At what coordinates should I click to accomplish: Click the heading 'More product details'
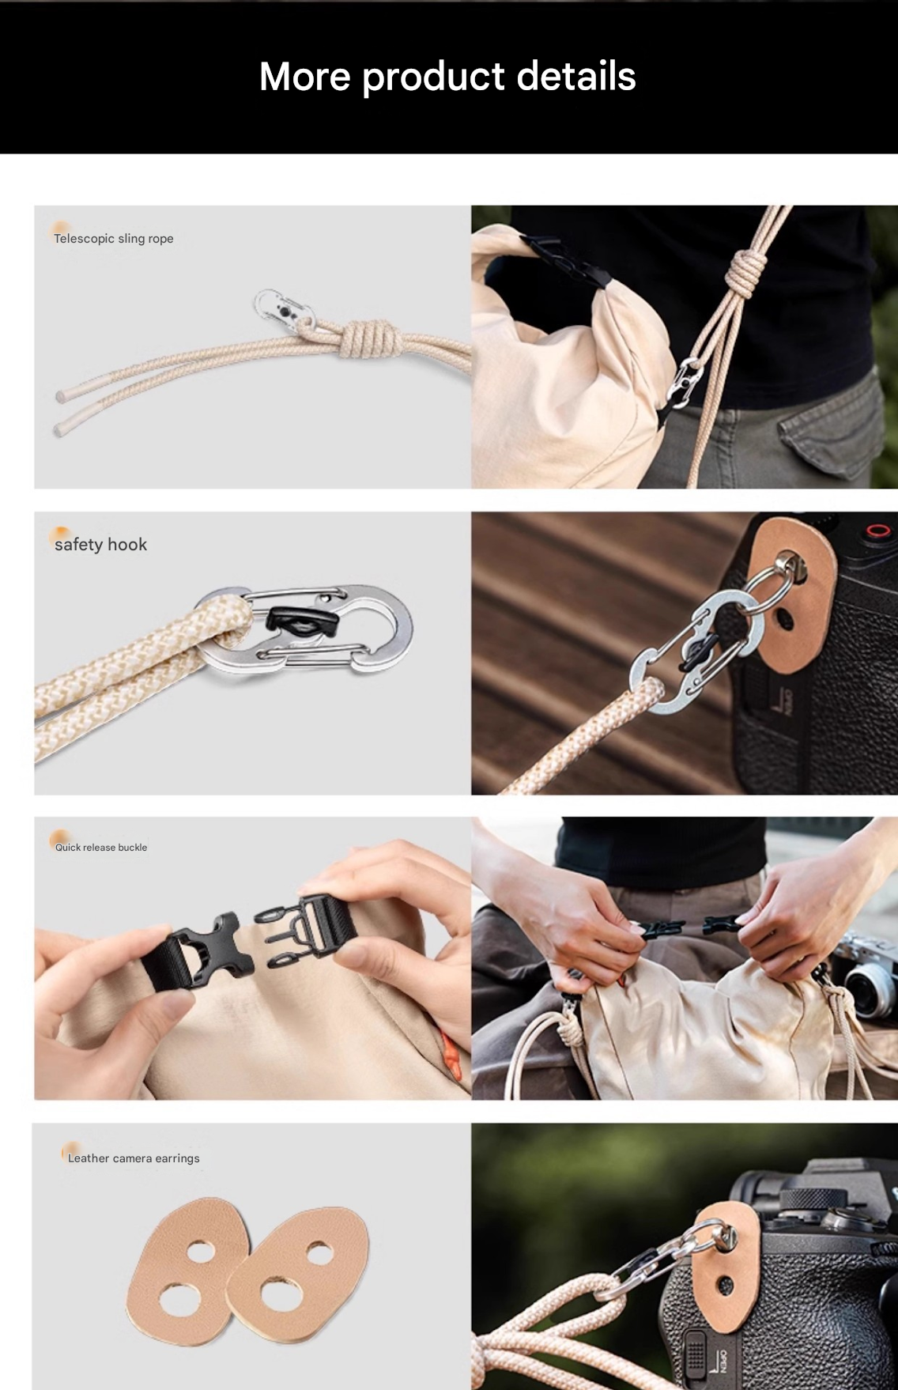pos(447,77)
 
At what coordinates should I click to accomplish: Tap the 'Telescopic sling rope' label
pos(114,239)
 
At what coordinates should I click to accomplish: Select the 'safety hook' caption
pos(101,545)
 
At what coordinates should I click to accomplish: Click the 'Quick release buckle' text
pos(101,848)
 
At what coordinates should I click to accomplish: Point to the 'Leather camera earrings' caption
pos(134,1158)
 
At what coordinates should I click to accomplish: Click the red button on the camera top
pos(877,530)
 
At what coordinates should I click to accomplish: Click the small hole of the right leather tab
pos(319,1252)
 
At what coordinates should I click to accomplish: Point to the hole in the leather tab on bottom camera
pos(725,1285)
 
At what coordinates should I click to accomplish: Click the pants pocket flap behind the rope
pos(830,431)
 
